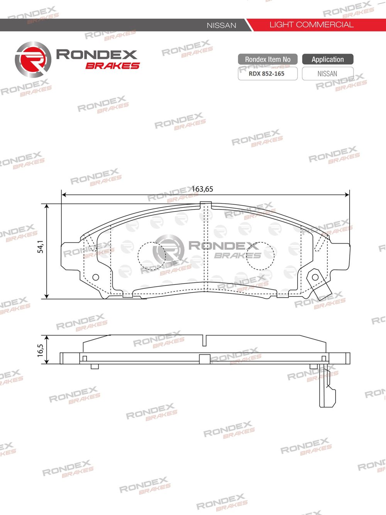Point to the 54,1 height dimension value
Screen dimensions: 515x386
41,247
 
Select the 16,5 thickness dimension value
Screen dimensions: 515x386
41,350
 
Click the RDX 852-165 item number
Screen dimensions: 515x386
267,74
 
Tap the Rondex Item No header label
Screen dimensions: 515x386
267,59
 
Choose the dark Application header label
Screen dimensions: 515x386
327,59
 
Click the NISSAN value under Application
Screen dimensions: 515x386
327,74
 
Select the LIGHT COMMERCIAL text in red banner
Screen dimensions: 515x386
311,25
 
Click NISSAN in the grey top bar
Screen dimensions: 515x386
221,25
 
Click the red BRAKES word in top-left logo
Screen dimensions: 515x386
112,66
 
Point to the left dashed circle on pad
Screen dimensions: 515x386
152,256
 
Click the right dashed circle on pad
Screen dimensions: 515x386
260,256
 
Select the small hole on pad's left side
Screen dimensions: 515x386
95,277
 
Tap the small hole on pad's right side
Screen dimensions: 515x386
315,277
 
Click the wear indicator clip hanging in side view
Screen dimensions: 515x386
327,390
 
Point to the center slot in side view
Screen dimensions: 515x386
205,340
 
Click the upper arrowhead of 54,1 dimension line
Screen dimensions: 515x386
47,207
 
